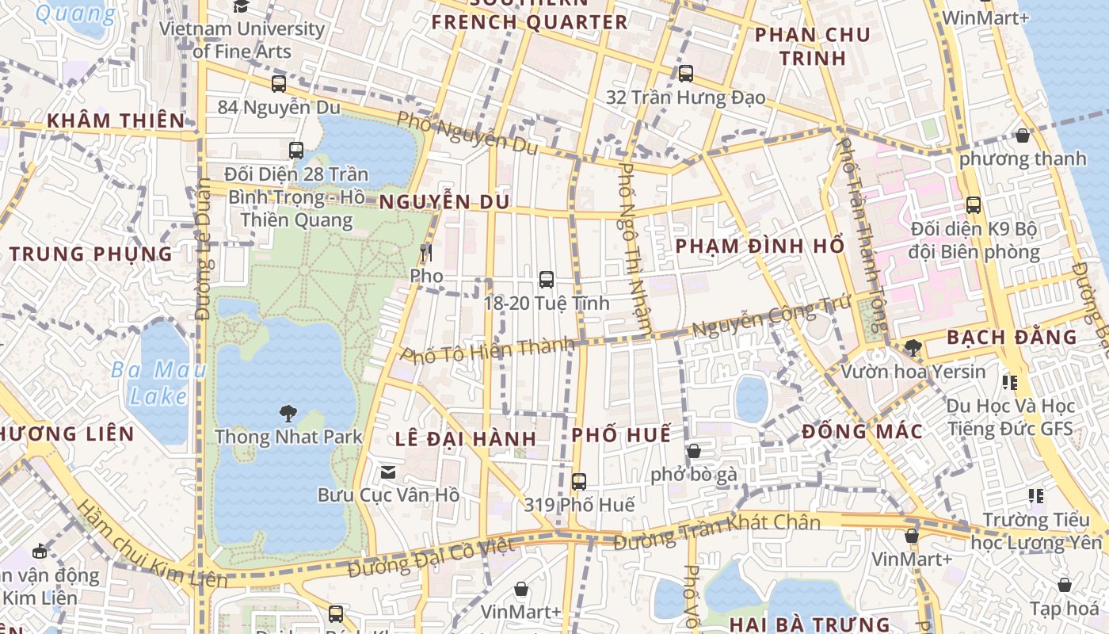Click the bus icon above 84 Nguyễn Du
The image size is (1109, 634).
(279, 83)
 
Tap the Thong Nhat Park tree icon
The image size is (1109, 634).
(288, 413)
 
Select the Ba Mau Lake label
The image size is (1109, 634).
(158, 383)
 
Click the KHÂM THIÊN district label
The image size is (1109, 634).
(116, 120)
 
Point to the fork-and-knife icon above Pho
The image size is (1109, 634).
(426, 253)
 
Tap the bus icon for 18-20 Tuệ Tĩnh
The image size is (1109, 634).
(546, 279)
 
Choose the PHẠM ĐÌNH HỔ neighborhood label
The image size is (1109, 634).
(760, 246)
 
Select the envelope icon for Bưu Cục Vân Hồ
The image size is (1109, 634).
(388, 472)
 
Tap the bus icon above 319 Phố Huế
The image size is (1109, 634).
(579, 481)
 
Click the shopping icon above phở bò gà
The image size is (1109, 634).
(694, 451)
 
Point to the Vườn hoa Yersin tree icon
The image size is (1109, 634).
(913, 347)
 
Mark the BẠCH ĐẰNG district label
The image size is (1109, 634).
(1012, 338)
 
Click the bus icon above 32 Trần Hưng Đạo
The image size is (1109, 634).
(686, 74)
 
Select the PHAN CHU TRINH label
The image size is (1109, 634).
(812, 46)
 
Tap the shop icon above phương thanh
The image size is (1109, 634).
(1023, 136)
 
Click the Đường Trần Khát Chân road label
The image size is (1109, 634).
(717, 532)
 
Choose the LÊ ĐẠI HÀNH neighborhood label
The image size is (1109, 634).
(466, 438)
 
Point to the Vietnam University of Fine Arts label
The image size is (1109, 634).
(242, 40)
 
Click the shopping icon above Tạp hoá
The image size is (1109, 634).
(1065, 585)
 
